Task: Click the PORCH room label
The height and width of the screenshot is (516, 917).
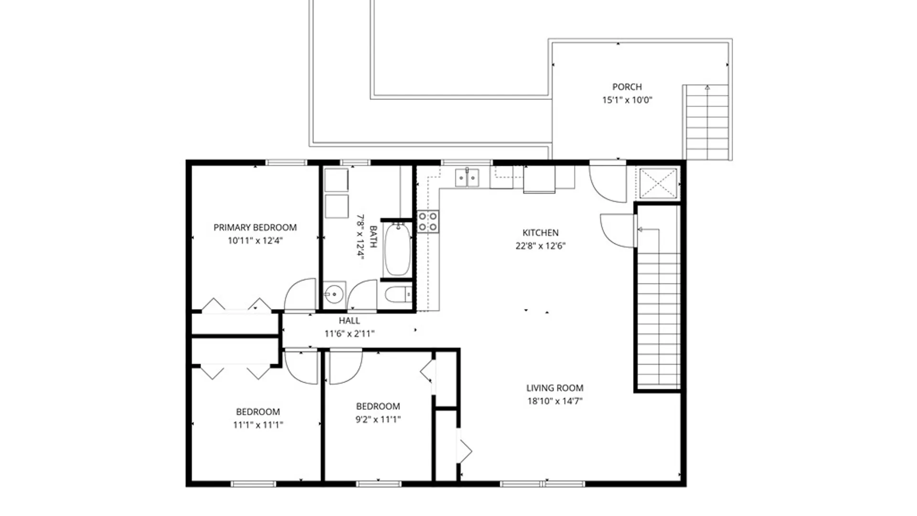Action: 627,87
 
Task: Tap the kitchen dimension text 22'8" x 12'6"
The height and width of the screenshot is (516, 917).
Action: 541,246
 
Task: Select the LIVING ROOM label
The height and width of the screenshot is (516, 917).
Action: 555,388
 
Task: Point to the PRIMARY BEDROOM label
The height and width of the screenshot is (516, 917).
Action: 255,227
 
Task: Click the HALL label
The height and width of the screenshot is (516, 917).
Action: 350,321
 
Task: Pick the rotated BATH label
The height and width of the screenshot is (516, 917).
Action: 373,236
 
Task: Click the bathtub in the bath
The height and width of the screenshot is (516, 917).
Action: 397,249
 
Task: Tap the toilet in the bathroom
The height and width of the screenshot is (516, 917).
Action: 398,294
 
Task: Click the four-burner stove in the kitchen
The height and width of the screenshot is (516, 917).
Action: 428,222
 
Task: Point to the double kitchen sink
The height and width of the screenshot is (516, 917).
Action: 467,178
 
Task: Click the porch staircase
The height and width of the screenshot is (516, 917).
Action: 707,122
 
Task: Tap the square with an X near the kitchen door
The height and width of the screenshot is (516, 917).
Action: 658,183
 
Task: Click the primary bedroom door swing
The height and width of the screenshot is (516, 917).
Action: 300,294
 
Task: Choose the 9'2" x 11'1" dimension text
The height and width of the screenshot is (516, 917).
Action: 378,419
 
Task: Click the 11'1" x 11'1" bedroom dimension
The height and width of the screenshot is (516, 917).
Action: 258,425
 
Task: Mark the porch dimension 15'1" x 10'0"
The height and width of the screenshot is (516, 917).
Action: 627,100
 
